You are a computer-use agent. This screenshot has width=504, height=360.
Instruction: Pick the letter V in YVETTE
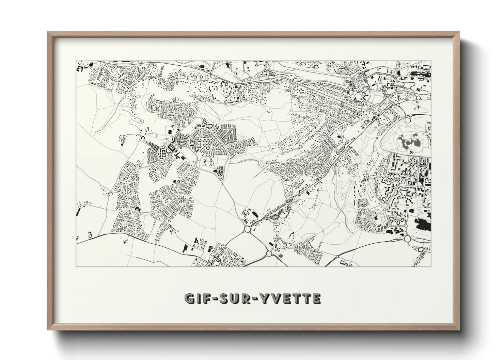[x=276, y=299]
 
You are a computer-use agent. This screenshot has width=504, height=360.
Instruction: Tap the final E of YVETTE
[x=316, y=299]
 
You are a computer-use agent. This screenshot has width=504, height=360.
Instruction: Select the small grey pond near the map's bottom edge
[x=281, y=255]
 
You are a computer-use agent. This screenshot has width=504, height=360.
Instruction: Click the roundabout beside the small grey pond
[x=269, y=253]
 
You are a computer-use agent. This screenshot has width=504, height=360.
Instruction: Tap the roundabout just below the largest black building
[x=407, y=239]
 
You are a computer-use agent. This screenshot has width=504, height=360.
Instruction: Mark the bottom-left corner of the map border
[x=76, y=267]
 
